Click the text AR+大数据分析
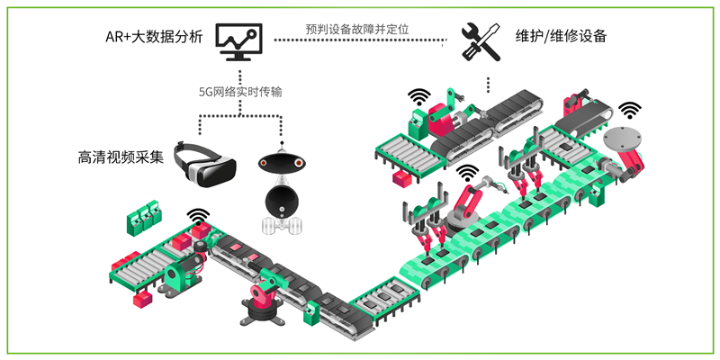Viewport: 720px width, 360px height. [153, 38]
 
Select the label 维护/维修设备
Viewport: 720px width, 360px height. [562, 38]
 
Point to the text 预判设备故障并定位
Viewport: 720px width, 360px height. [358, 29]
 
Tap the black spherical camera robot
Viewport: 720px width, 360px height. [283, 189]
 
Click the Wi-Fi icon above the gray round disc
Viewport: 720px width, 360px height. [630, 111]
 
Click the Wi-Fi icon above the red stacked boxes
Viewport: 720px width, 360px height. [197, 216]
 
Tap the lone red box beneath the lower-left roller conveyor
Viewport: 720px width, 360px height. [141, 300]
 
